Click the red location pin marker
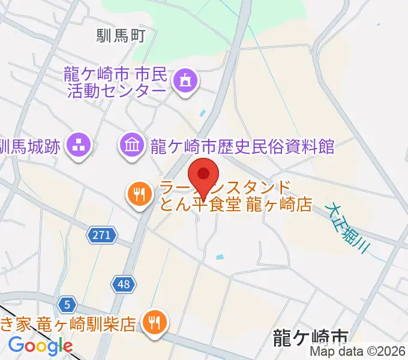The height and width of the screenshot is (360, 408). [203, 175]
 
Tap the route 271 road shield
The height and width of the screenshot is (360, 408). [101, 235]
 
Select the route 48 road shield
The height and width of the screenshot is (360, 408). [123, 284]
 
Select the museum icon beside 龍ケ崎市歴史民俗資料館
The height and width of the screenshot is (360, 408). [131, 145]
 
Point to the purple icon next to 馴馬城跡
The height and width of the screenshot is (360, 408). [79, 145]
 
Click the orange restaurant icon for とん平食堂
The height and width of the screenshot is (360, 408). [139, 194]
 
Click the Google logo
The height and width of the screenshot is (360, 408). [40, 346]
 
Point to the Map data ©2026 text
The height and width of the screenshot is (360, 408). [358, 352]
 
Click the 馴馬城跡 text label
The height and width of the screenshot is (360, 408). [30, 145]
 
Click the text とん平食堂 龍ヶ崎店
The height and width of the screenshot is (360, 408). [235, 204]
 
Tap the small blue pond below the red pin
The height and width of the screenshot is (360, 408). [220, 257]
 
